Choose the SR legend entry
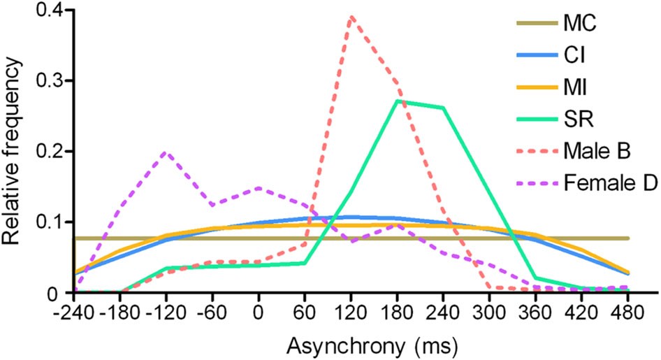[579, 120]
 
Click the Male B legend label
[598, 152]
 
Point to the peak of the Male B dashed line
[351, 16]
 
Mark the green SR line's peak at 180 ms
[398, 101]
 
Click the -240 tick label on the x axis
[73, 311]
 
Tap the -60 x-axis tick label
[212, 311]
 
